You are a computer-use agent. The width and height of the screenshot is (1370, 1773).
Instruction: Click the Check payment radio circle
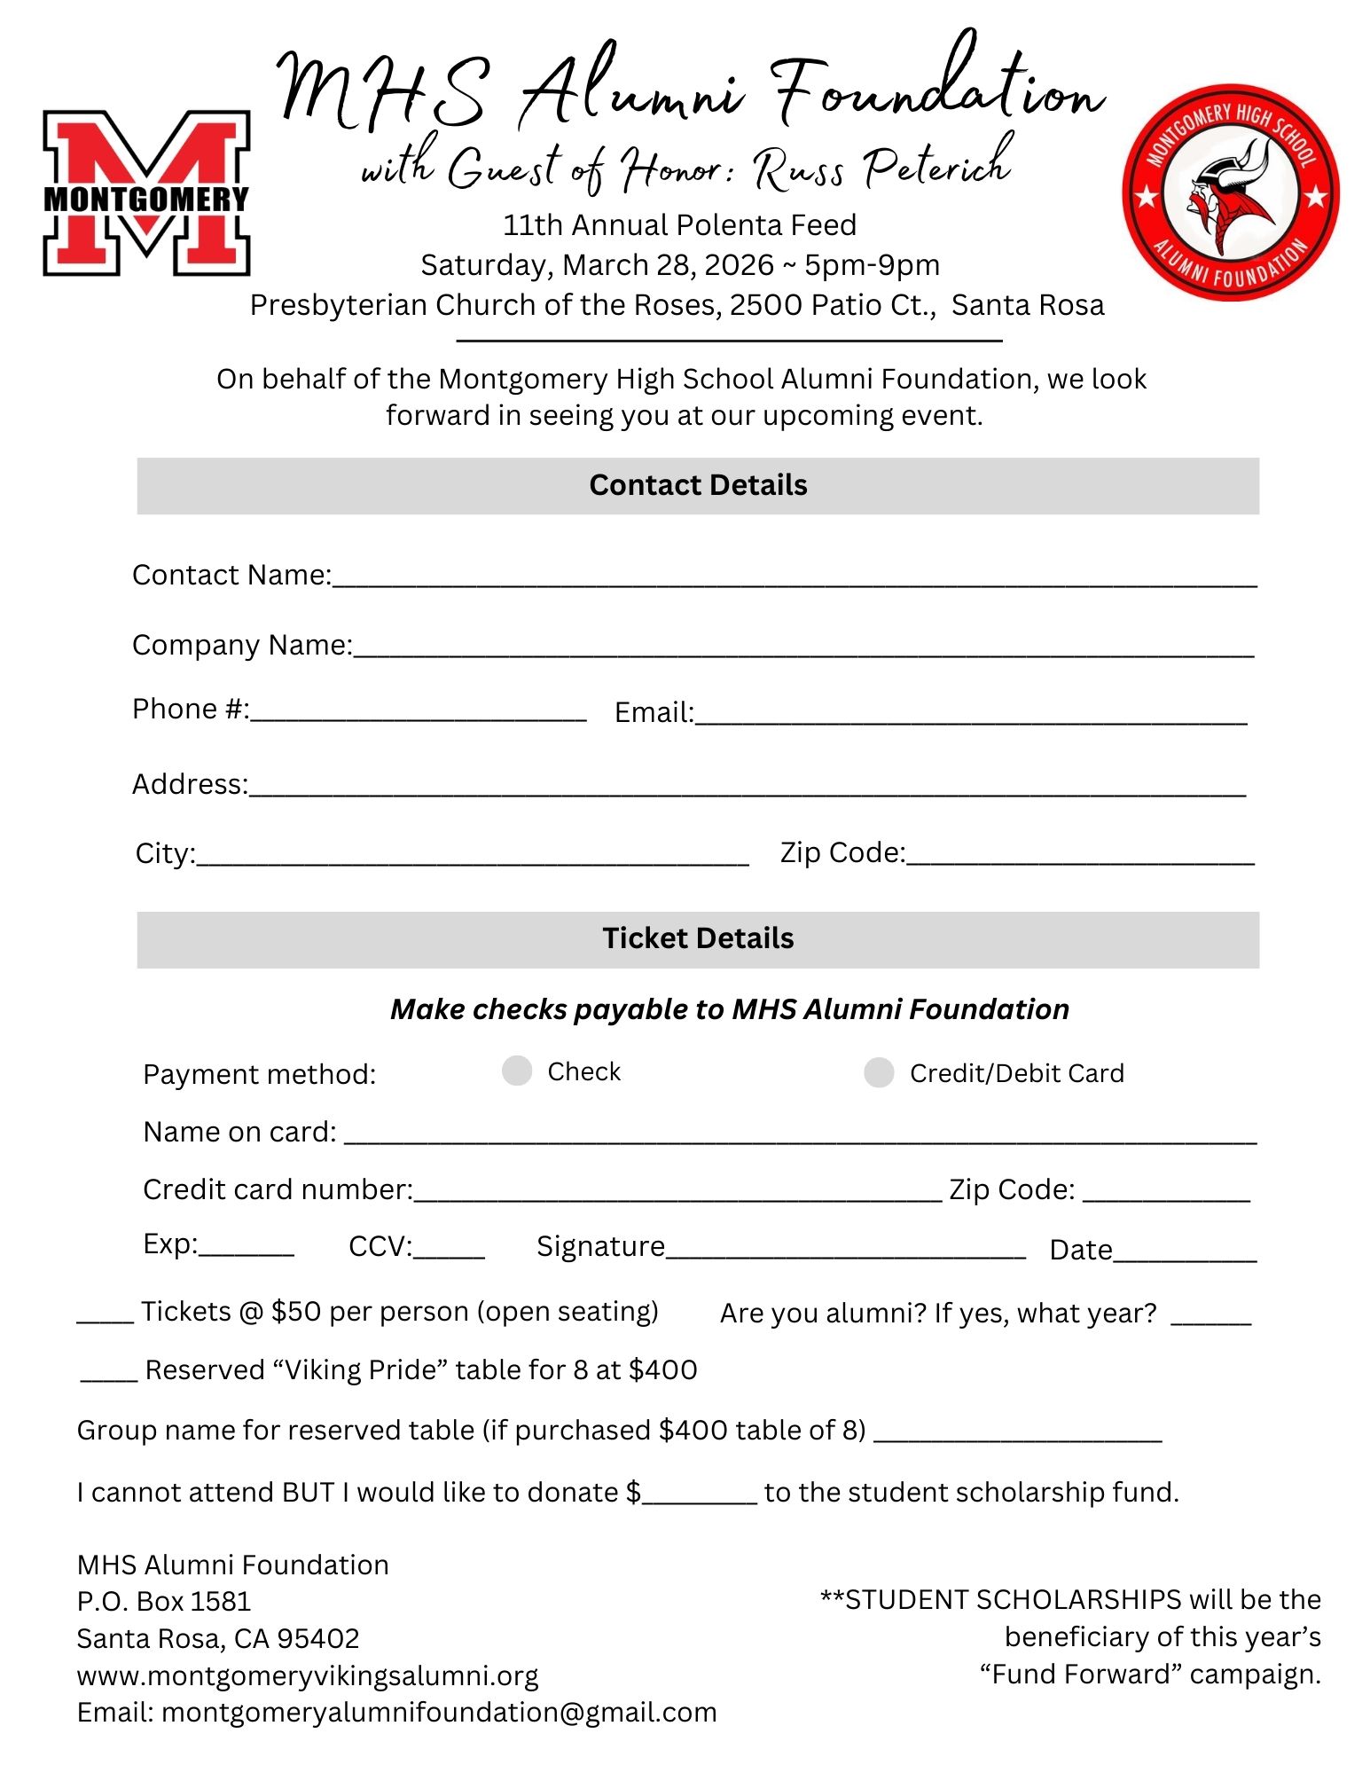pos(516,1071)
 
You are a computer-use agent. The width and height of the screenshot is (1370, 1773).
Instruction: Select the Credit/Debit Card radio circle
pos(878,1072)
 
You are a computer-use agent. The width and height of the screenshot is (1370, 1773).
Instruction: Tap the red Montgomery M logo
pos(146,192)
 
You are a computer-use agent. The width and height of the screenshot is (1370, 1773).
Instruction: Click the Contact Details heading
pos(698,485)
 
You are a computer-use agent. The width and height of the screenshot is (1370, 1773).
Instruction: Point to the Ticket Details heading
pos(698,938)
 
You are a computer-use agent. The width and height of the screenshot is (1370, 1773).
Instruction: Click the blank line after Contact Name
pos(794,578)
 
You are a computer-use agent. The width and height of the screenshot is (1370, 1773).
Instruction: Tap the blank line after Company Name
pos(802,648)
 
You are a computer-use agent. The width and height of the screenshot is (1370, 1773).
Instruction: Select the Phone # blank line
pos(418,713)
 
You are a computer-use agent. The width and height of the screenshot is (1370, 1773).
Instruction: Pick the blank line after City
pos(473,857)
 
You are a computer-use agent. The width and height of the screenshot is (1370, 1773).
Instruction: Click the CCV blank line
pos(449,1251)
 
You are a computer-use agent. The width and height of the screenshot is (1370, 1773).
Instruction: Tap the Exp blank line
pos(246,1248)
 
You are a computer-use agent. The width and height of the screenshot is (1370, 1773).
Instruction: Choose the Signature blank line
pos(845,1251)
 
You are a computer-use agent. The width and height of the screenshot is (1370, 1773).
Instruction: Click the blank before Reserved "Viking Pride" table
pos(108,1375)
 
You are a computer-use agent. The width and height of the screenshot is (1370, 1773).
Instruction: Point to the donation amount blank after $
pos(700,1496)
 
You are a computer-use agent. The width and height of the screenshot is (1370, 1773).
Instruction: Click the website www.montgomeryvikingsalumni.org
pos(308,1675)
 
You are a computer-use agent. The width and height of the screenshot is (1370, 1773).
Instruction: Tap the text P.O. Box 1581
pos(164,1601)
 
